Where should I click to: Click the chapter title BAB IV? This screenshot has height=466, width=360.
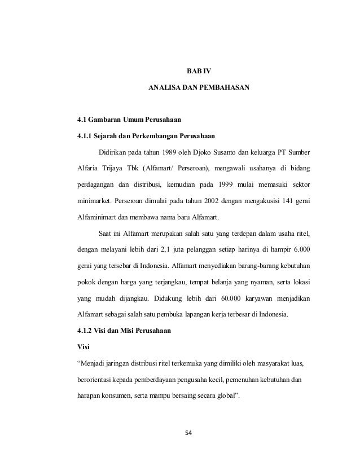click(197, 72)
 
